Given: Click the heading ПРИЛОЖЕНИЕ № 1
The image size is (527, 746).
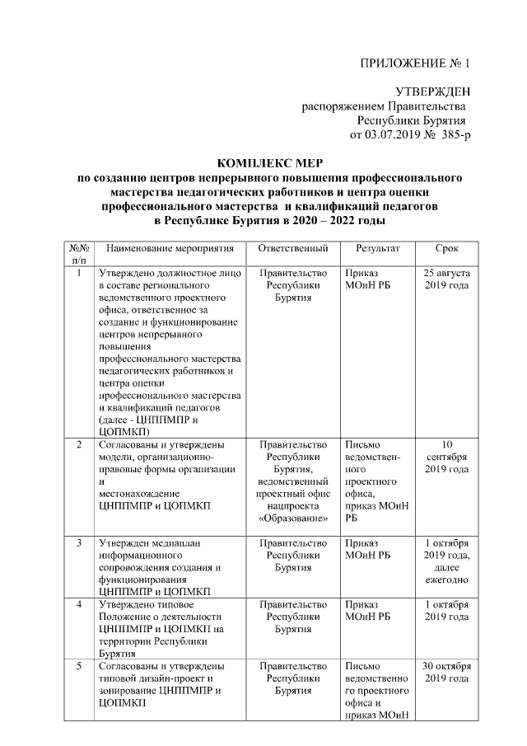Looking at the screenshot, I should (416, 64).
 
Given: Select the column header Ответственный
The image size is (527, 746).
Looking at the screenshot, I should (293, 248).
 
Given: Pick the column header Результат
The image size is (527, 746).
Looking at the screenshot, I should (378, 248).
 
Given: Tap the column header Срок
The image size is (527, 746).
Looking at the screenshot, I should (446, 248).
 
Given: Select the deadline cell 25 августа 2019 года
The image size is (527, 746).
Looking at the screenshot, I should (446, 279).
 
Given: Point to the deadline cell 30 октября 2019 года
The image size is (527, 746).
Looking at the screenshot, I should (446, 672).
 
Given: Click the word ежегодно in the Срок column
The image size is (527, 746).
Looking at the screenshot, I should (446, 579).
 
